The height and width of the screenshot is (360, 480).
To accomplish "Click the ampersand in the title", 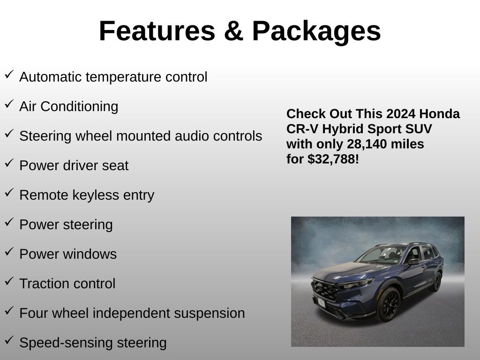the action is click(233, 31).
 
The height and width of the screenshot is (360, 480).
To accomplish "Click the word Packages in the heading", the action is click(316, 32).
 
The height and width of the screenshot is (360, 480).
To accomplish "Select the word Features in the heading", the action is click(157, 31).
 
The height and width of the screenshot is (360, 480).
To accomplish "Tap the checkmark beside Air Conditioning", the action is click(9, 104).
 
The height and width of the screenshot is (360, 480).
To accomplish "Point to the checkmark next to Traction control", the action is click(9, 281).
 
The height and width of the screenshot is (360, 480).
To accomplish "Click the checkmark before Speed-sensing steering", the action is click(9, 340).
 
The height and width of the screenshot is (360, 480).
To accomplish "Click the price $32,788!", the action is click(333, 159).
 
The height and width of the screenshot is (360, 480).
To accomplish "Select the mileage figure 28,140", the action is click(364, 144).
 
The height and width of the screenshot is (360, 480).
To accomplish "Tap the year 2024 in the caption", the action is click(401, 114).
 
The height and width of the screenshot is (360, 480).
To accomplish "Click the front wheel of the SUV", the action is click(389, 304).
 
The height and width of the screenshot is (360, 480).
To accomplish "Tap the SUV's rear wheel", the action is click(436, 281).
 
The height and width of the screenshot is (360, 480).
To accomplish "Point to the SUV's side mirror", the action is click(414, 262).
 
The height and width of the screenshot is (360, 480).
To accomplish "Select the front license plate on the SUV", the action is click(321, 303).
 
